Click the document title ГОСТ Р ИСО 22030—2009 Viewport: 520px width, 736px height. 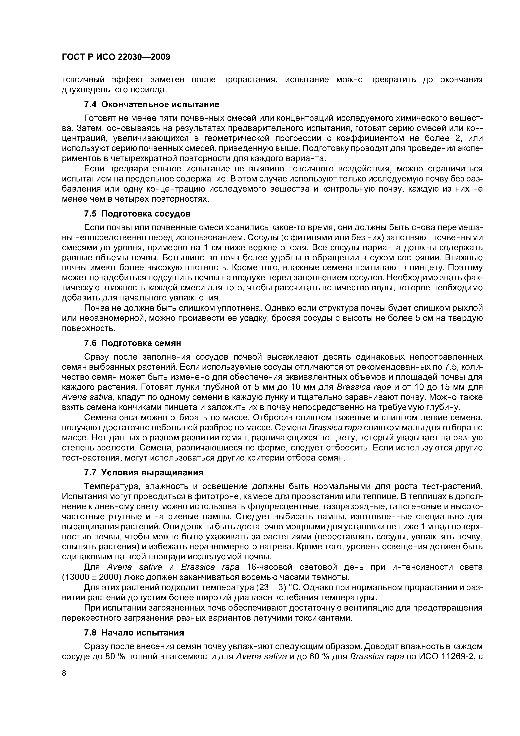116,57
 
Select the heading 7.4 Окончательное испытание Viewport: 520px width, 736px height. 152,104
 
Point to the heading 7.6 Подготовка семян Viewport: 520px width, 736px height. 132,343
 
